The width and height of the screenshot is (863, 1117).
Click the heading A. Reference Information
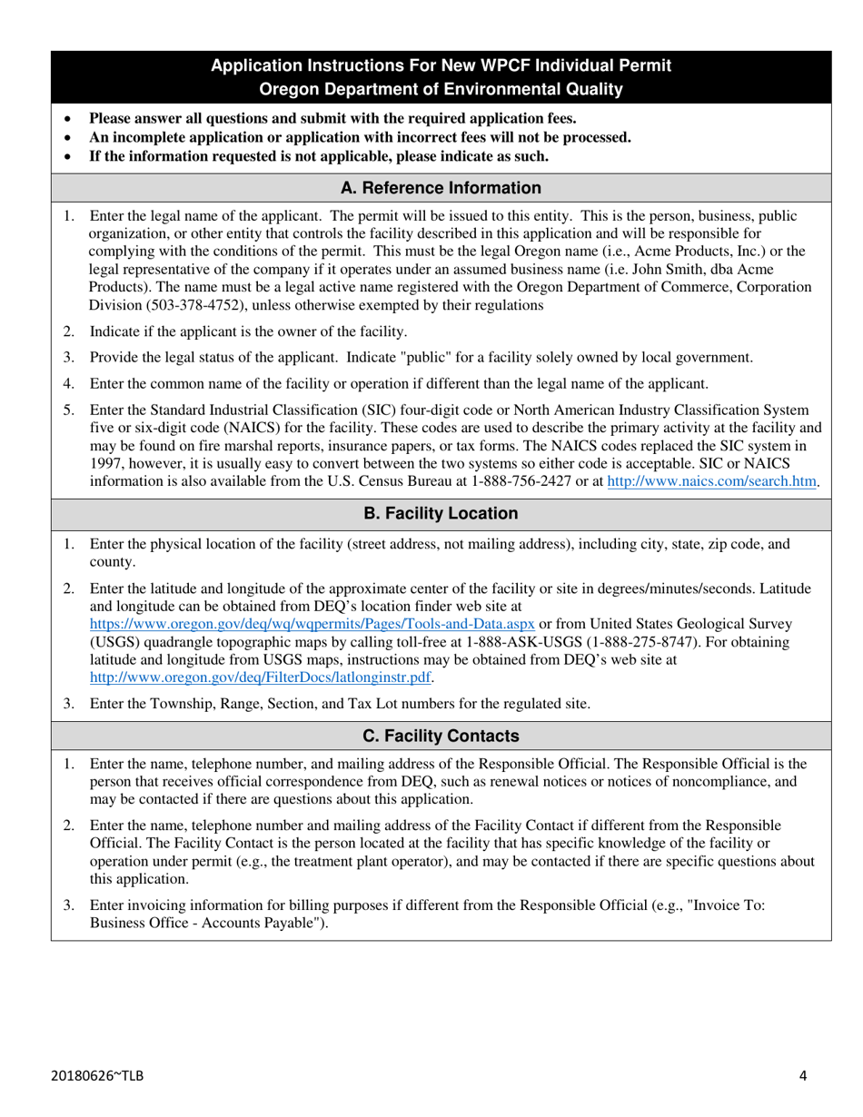click(x=441, y=188)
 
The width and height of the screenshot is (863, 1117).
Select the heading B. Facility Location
click(x=441, y=513)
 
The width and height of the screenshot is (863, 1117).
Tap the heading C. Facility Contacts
click(x=441, y=736)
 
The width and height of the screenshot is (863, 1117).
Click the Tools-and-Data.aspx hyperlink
click(x=312, y=624)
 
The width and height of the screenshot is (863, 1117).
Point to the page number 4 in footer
click(x=803, y=1076)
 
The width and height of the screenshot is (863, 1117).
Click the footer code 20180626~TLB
click(x=97, y=1076)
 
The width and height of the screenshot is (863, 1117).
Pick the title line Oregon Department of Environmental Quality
click(x=441, y=89)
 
